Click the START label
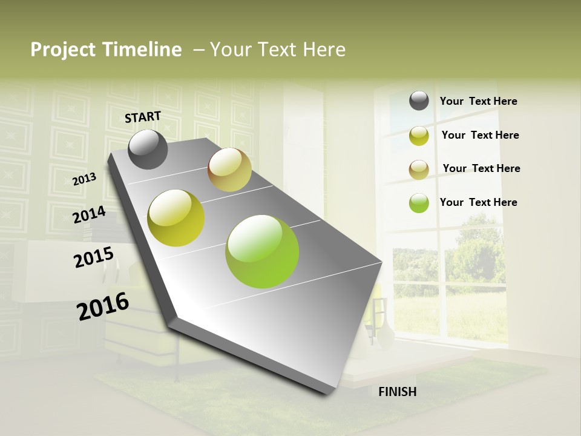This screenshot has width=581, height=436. (143, 117)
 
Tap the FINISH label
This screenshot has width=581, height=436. (397, 392)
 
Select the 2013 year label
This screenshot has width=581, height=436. (85, 179)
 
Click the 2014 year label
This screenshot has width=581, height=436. (90, 215)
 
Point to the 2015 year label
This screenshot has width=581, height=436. (94, 257)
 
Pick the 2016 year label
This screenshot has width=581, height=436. (103, 306)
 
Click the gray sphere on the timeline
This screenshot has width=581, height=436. (148, 149)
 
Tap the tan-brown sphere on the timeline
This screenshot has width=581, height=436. (229, 170)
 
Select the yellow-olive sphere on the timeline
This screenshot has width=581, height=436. (176, 218)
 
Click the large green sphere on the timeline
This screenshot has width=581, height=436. (262, 251)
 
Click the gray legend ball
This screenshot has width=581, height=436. (419, 101)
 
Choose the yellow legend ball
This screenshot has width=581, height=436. (419, 136)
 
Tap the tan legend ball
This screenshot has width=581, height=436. (419, 170)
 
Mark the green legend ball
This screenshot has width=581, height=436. (419, 203)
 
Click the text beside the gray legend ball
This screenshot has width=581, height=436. (478, 101)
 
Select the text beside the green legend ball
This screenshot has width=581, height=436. (478, 202)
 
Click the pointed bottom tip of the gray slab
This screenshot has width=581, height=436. (330, 392)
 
